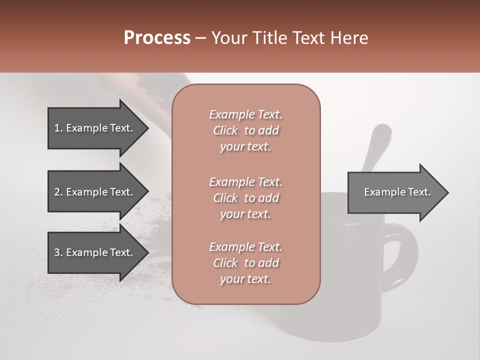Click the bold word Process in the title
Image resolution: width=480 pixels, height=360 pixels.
(157, 38)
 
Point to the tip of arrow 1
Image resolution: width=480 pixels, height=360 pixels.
(147, 128)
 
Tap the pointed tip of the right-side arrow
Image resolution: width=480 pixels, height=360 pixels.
(447, 192)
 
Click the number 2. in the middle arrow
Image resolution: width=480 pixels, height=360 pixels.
(58, 192)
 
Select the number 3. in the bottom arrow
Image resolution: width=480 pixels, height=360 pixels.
(58, 252)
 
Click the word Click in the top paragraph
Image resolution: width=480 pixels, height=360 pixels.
(225, 130)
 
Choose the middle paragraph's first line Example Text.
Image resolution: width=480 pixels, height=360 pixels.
(245, 181)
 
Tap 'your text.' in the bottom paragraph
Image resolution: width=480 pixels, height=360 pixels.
(245, 279)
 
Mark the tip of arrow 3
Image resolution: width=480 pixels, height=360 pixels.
(147, 252)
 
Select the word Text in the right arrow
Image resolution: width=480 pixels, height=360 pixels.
(419, 192)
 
